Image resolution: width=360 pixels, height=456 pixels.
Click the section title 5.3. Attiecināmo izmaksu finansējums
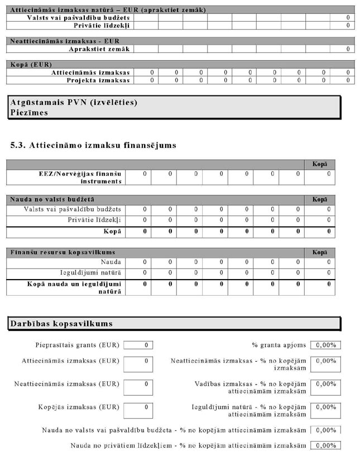[x=93, y=146]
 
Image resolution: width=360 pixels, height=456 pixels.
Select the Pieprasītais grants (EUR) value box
[x=138, y=345]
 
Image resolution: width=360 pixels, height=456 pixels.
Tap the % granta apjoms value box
[x=325, y=345]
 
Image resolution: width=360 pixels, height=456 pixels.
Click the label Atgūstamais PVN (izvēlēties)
[x=74, y=103]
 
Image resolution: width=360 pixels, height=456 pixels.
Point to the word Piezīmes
[x=29, y=112]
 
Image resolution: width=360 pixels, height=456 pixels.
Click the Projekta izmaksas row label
[x=98, y=80]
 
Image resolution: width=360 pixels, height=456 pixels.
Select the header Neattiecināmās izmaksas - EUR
[x=65, y=41]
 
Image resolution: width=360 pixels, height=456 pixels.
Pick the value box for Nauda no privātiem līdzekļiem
[x=325, y=446]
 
